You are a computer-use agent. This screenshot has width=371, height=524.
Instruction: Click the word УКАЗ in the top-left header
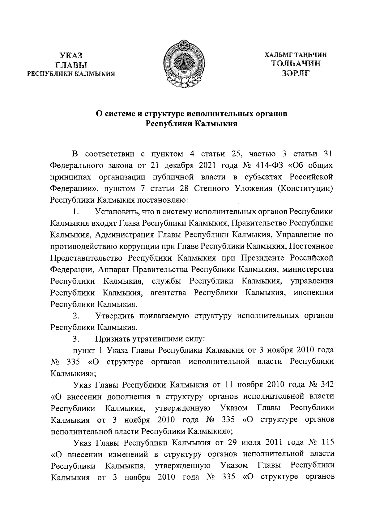pyautogui.click(x=71, y=56)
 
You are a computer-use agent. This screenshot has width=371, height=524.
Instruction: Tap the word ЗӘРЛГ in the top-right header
pyautogui.click(x=296, y=73)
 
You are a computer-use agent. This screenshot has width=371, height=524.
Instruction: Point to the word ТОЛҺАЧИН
pyautogui.click(x=296, y=64)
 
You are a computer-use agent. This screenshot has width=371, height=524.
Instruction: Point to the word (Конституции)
pyautogui.click(x=305, y=188)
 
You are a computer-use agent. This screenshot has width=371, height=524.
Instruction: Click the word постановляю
pyautogui.click(x=161, y=200)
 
